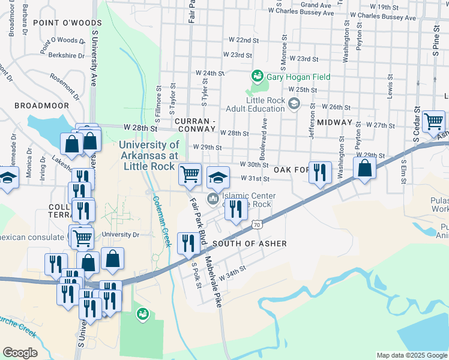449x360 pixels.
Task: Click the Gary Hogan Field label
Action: (x=295, y=76)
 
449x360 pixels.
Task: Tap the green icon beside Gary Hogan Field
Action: (x=257, y=76)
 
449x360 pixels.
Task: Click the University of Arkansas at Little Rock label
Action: (x=149, y=155)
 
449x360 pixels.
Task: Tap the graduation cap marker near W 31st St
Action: (x=218, y=176)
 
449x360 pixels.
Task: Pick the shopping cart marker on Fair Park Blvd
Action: (x=190, y=174)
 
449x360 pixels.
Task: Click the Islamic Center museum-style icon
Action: (x=212, y=199)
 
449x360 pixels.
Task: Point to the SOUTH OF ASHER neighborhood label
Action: (x=249, y=243)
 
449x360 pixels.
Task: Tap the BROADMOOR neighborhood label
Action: (x=41, y=105)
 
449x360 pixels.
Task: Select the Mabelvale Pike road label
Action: (x=213, y=282)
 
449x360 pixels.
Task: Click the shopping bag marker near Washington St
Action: (x=364, y=169)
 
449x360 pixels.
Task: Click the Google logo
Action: (x=20, y=353)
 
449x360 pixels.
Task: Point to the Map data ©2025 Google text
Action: (x=411, y=355)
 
